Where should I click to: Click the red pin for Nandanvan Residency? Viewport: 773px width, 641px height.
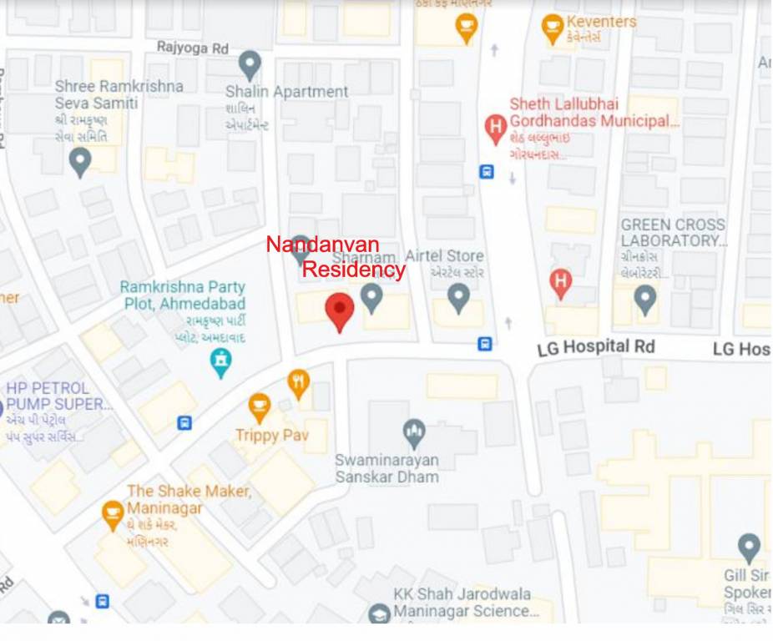[339, 310]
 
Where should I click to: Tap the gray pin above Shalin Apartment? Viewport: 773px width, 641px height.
[250, 64]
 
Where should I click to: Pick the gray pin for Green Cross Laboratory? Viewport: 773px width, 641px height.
[644, 299]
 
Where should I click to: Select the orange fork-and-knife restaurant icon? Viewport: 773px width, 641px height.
[298, 383]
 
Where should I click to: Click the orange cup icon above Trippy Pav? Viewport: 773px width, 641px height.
[260, 407]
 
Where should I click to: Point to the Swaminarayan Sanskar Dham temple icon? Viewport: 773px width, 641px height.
[413, 433]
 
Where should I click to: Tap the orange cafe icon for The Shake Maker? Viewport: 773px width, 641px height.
[112, 514]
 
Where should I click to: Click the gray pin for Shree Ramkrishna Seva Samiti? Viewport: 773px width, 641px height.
[80, 161]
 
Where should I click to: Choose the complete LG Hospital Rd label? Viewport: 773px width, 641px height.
[596, 346]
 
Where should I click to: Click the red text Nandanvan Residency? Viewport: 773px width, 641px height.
[336, 257]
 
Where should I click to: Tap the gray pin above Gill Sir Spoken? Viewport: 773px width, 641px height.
[749, 548]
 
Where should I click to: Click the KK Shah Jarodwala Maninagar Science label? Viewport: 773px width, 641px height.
[462, 603]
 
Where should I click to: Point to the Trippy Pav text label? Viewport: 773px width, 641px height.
[271, 435]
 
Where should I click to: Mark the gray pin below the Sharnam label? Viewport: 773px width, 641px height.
[371, 297]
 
